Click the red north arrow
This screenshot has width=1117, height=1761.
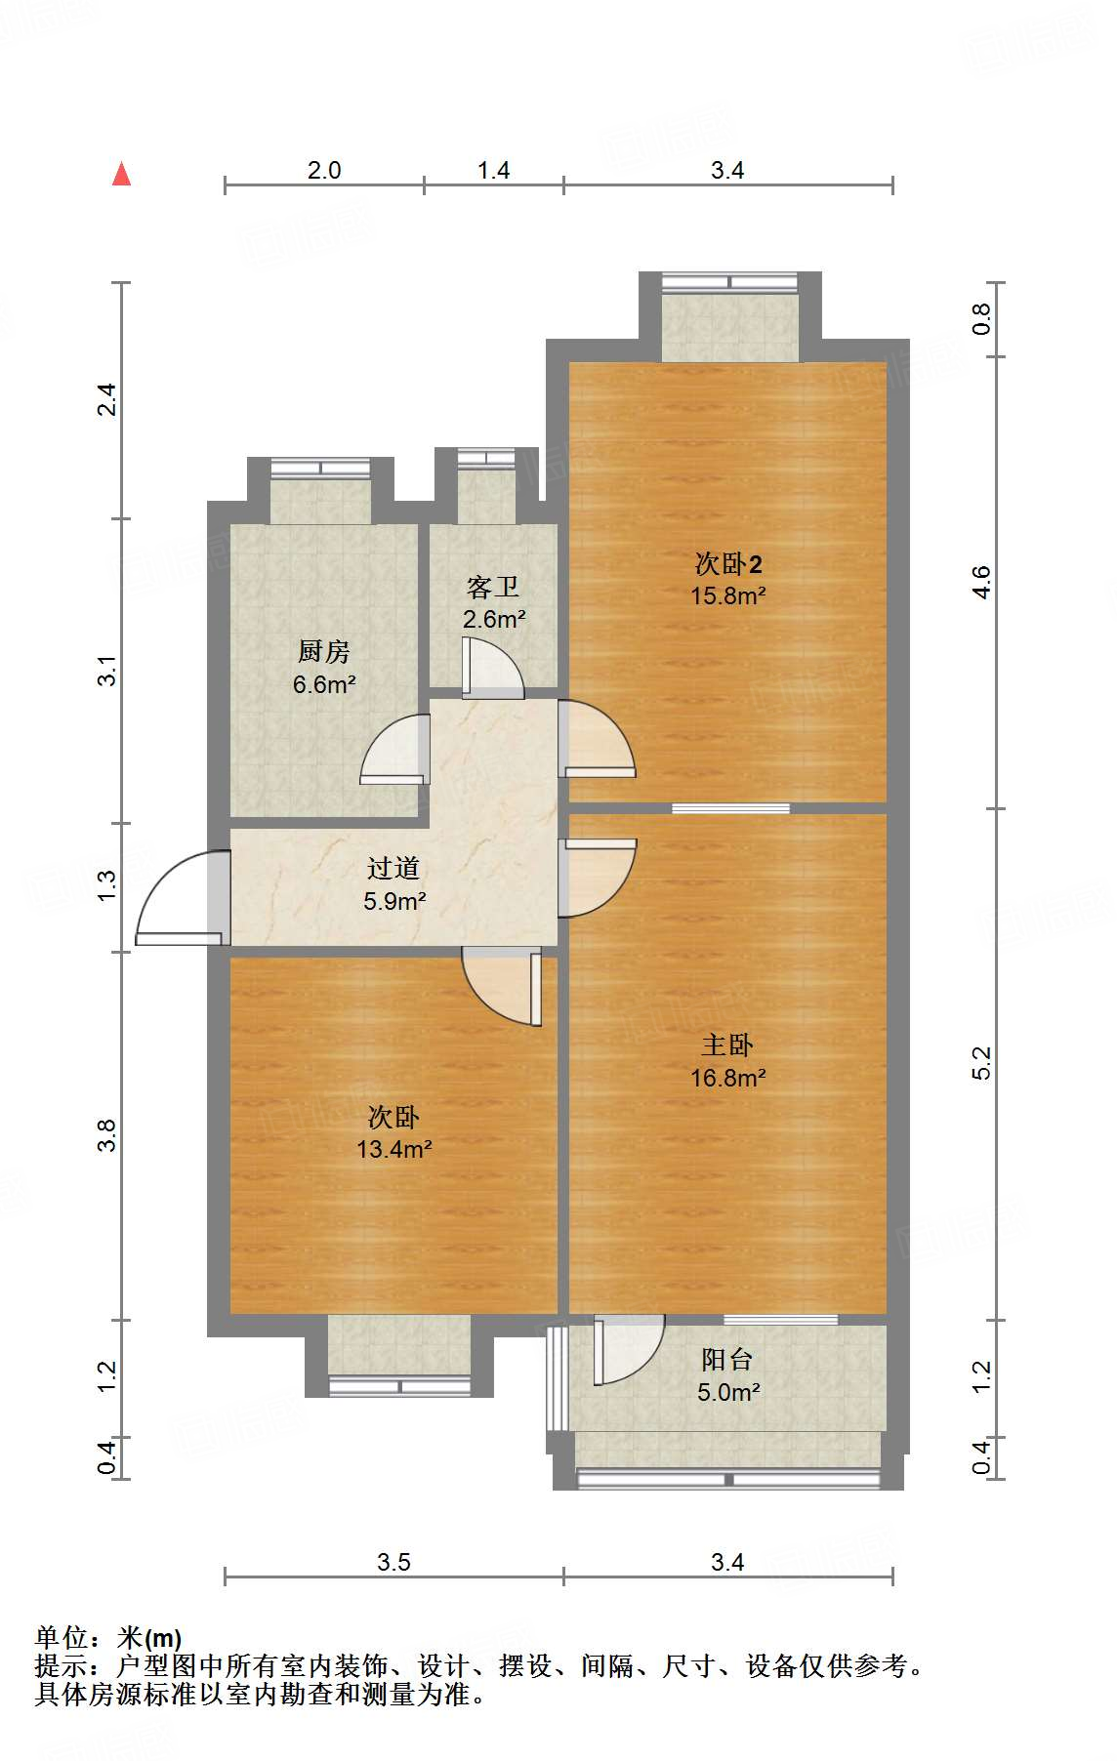[122, 175]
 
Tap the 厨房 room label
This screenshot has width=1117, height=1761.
[323, 651]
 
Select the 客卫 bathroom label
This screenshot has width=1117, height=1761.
[492, 587]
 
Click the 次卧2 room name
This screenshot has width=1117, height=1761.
[727, 563]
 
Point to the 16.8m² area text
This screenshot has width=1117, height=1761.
[727, 1078]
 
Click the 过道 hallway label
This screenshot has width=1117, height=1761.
[393, 868]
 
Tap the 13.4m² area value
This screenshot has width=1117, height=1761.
[393, 1149]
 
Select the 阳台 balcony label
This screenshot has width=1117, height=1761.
[727, 1360]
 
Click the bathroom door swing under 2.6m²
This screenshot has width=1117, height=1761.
[493, 670]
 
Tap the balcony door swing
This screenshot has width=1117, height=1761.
[627, 1351]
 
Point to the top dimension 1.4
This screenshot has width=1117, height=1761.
[493, 170]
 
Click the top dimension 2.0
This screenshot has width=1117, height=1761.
[324, 170]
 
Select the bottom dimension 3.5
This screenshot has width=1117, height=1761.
[393, 1562]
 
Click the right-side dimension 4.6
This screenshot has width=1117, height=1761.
[981, 583]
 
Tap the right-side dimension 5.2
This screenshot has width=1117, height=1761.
[981, 1063]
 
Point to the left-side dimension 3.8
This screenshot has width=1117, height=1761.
[106, 1135]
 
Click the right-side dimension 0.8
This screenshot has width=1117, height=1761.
[981, 319]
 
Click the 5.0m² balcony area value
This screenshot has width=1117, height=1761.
[727, 1392]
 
